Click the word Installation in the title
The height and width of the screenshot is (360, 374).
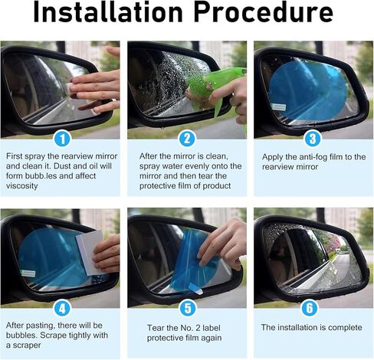(x=108, y=11)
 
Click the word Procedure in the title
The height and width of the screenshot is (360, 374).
(x=264, y=11)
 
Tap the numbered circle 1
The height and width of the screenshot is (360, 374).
(x=62, y=139)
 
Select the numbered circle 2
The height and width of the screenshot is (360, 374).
(x=187, y=139)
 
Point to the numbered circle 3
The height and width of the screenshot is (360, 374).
(x=313, y=139)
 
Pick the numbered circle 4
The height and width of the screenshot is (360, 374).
(x=62, y=308)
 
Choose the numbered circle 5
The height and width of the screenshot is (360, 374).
(x=188, y=308)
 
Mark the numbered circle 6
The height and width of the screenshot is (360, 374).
(x=310, y=308)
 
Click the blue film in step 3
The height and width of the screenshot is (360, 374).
(x=307, y=90)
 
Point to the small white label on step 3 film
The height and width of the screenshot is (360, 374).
(x=278, y=107)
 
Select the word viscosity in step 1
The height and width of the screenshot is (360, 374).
(x=22, y=186)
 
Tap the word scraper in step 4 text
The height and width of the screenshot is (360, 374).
(x=27, y=345)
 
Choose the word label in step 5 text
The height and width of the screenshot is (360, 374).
(x=211, y=328)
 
